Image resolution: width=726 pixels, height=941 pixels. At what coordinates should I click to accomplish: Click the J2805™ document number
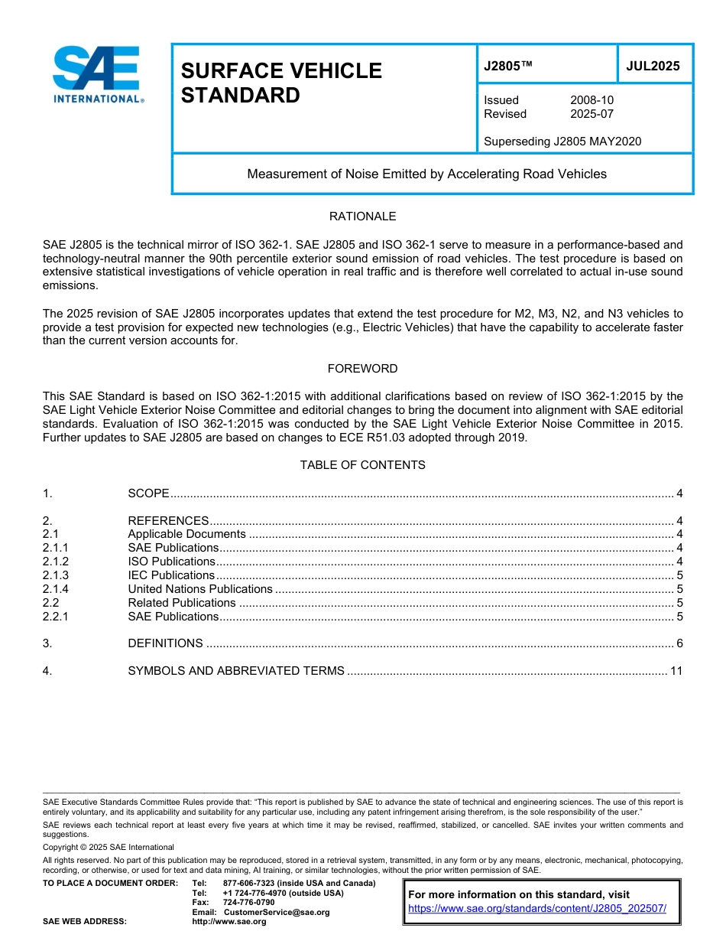click(507, 66)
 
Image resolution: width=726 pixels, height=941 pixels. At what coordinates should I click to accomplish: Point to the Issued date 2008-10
click(591, 100)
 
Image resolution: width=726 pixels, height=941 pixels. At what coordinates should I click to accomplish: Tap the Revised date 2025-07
click(591, 114)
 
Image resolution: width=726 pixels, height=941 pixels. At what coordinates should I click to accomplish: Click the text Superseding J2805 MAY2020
click(562, 141)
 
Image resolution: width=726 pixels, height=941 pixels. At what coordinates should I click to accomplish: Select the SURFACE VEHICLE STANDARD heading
click(280, 83)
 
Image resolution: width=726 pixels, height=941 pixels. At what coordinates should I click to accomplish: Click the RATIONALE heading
click(362, 217)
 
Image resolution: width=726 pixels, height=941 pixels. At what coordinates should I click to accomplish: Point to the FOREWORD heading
click(362, 369)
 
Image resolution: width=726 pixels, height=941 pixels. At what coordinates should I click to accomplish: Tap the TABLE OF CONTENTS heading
click(362, 465)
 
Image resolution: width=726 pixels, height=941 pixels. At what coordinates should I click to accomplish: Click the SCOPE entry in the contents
click(148, 493)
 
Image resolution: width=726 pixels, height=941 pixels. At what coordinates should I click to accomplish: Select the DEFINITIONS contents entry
click(165, 643)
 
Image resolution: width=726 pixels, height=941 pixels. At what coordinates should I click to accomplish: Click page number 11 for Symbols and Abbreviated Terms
click(676, 671)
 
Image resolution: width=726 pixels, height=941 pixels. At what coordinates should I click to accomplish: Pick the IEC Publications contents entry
click(171, 575)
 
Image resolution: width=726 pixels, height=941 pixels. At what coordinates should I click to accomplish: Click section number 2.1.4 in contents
click(56, 589)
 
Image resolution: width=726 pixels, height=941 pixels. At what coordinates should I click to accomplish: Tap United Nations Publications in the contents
click(200, 589)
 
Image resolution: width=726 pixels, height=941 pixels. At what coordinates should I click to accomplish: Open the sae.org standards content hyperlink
click(537, 908)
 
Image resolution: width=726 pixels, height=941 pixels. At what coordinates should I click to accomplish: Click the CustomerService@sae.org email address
click(277, 912)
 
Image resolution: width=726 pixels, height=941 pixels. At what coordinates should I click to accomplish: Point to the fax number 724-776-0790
click(248, 903)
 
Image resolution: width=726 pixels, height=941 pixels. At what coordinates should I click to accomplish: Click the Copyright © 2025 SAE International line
click(109, 847)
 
